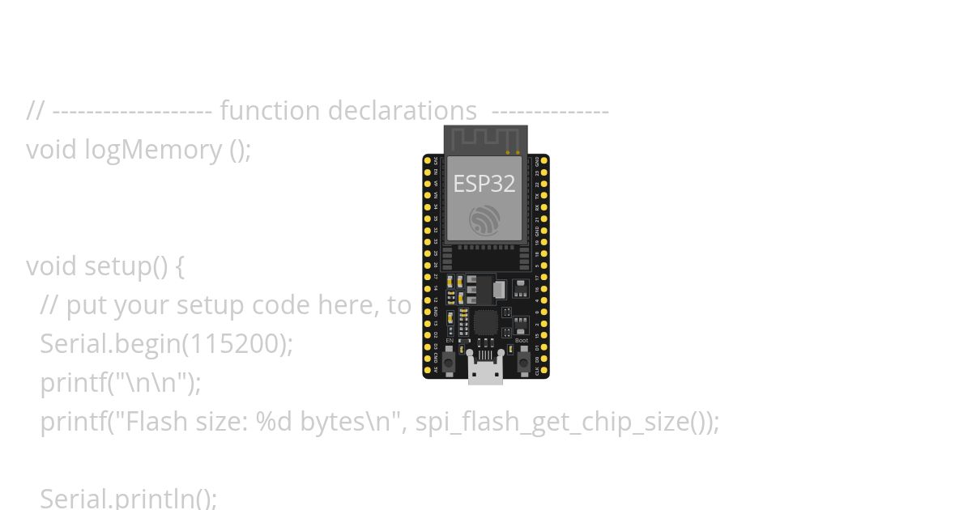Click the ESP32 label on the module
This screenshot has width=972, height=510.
click(x=484, y=184)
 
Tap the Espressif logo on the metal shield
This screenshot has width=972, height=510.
click(x=484, y=220)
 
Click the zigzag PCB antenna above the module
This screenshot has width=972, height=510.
click(x=485, y=139)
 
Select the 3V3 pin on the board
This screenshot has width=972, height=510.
click(x=428, y=160)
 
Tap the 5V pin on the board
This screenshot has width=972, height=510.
click(x=428, y=369)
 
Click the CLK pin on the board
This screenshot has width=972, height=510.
click(x=544, y=369)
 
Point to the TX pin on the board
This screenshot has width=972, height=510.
click(x=544, y=195)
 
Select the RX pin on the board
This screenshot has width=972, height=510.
click(x=544, y=207)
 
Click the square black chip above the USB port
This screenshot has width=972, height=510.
click(x=485, y=323)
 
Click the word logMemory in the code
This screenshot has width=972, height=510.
click(x=153, y=150)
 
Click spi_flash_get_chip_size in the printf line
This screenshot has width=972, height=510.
click(x=556, y=422)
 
